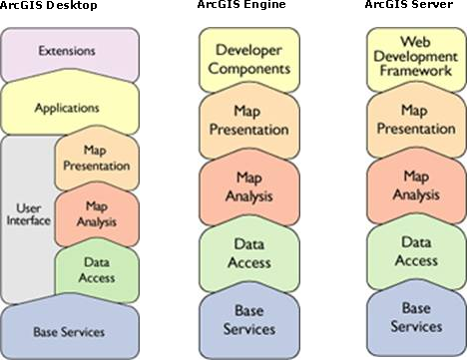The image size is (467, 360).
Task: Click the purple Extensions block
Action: [67, 50]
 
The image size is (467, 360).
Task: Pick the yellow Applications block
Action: [67, 107]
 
